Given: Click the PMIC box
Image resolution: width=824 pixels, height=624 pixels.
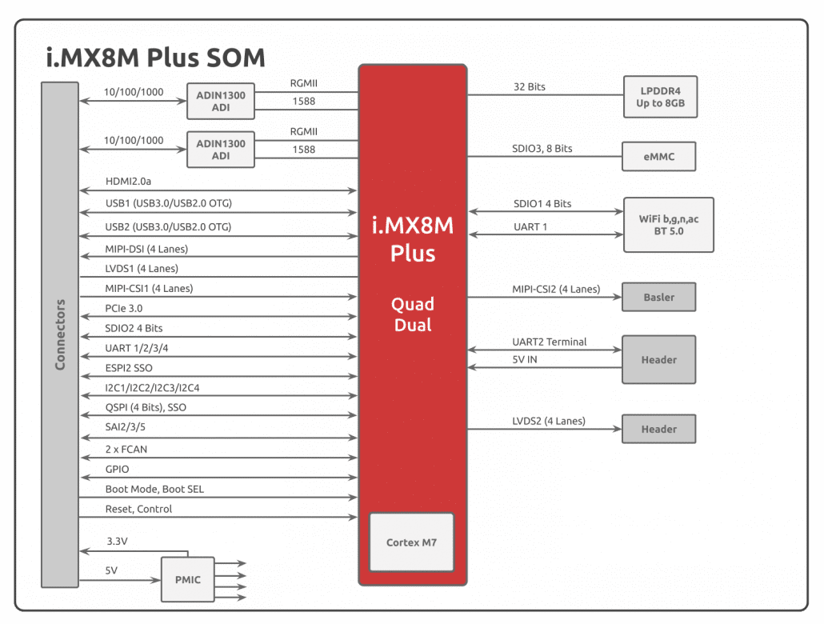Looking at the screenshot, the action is point(188,579).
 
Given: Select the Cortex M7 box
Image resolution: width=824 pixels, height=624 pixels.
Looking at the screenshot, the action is point(411,542).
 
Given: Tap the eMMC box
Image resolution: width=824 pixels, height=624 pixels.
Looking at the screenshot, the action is point(659,156).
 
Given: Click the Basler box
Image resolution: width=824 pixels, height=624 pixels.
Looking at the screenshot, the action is point(659,297).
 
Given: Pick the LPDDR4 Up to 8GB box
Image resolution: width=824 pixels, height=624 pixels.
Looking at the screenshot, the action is point(661,97).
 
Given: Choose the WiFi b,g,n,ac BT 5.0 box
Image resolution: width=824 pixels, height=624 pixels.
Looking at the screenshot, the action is point(669,225).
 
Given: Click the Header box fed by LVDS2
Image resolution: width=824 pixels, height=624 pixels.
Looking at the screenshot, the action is point(659,429).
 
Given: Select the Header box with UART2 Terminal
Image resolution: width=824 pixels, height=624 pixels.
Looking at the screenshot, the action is point(659,359).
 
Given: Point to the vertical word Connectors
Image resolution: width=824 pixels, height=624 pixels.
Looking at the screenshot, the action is point(60,334).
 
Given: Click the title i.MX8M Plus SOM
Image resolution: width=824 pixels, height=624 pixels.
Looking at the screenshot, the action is point(155,58).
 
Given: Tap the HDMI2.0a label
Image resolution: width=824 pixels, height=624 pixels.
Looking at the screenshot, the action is point(128,182).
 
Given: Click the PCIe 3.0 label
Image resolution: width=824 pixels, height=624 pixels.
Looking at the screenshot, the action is point(123,309).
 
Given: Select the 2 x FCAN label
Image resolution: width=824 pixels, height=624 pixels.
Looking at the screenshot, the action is point(126,450).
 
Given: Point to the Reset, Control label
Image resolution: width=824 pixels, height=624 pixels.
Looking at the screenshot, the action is point(138,509).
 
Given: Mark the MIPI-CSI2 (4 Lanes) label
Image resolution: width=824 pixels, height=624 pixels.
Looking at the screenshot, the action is point(556,289).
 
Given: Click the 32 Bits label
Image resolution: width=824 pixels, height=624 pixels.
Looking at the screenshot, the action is point(529,86).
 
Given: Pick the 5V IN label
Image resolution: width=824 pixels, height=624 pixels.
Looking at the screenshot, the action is point(525,359).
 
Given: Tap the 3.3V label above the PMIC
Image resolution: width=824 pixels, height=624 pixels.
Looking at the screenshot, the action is point(117,541).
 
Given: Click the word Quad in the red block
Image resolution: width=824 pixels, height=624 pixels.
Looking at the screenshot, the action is point(413,304).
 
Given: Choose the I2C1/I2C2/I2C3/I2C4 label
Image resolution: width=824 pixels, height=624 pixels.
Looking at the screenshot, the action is point(152,388).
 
